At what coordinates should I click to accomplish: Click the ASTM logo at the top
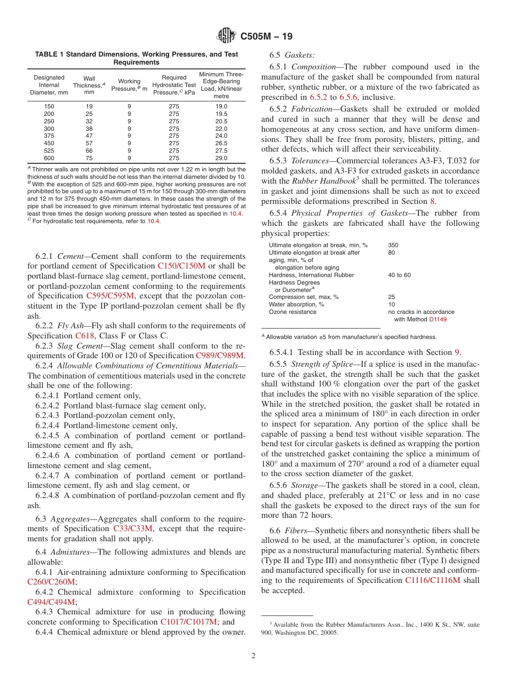coord(227,36)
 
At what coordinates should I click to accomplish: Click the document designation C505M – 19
coord(266,37)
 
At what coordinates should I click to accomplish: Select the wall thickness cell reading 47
coord(89,136)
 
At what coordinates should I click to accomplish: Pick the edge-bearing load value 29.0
coord(221,158)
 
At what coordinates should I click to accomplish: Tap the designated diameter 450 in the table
coord(49,143)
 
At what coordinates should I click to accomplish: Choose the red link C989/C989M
coord(220,356)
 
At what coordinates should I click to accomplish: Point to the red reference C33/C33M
coord(133,528)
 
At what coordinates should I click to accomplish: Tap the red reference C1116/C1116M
coord(432,581)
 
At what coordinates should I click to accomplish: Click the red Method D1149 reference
coord(438,319)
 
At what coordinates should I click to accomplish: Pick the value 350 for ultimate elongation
coord(393,246)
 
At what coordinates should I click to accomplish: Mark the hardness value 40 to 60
coord(399,275)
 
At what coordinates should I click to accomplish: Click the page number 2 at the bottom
coord(253,656)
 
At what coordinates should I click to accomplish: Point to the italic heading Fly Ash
coord(72,326)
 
